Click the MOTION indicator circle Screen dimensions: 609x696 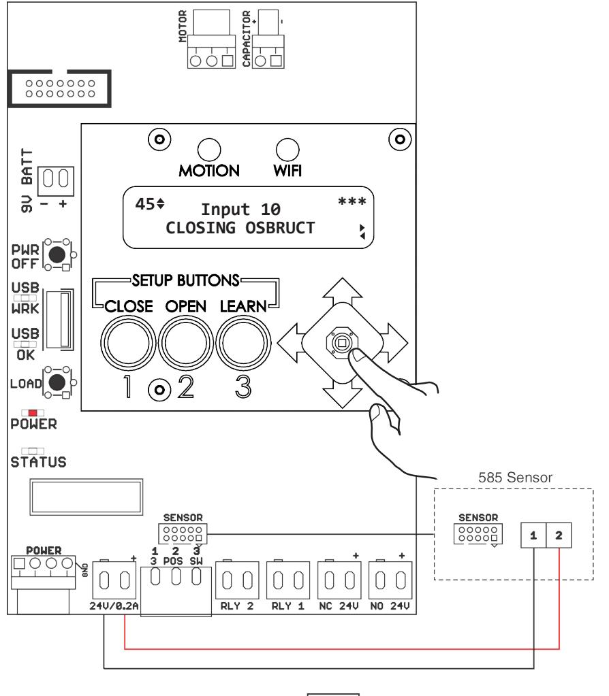click(x=209, y=150)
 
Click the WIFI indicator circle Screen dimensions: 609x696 click(x=287, y=150)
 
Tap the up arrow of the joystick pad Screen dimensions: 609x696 click(x=342, y=291)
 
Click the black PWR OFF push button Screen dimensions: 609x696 click(x=57, y=254)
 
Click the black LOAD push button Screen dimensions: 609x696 click(x=57, y=382)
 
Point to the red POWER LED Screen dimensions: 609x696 click(x=33, y=413)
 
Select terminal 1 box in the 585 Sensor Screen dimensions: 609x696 click(x=533, y=535)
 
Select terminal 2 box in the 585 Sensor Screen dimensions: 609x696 click(x=559, y=535)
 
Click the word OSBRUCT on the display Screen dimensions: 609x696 click(x=280, y=228)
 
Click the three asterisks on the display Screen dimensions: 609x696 click(x=352, y=201)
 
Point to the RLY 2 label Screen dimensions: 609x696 click(x=237, y=606)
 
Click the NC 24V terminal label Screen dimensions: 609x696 click(x=339, y=606)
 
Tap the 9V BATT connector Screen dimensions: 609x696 click(x=56, y=181)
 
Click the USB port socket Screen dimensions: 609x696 click(x=61, y=319)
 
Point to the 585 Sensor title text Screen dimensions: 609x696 click(x=515, y=478)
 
